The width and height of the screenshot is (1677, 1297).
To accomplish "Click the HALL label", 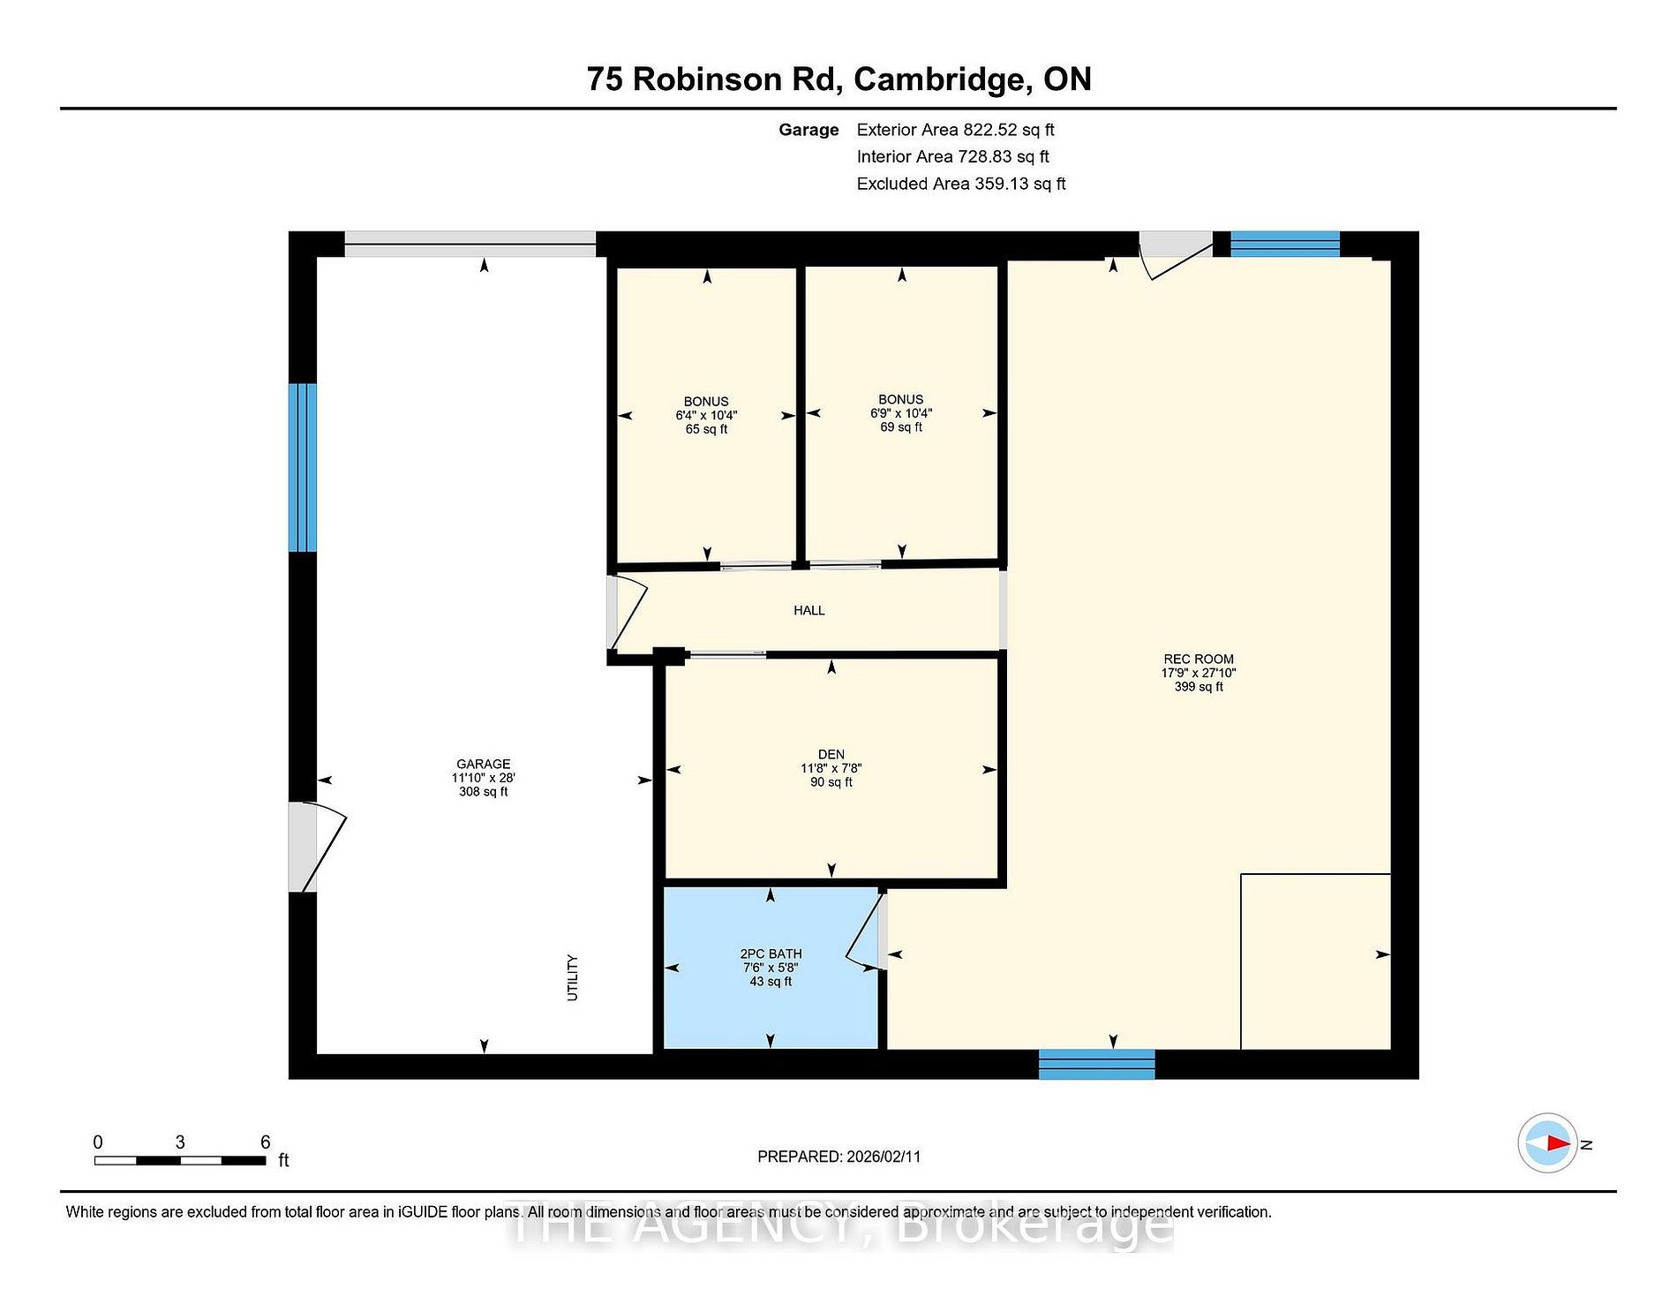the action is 808,610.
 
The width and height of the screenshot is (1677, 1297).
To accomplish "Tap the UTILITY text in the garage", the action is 572,977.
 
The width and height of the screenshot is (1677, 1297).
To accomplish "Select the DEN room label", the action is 831,768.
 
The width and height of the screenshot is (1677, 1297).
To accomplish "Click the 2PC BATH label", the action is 771,967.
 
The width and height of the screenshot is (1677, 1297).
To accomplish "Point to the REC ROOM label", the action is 1199,672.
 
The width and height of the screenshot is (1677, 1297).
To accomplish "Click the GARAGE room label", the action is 483,777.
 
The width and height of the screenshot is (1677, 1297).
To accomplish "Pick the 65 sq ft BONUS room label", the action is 706,415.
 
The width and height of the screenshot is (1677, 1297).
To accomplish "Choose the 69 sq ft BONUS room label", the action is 901,413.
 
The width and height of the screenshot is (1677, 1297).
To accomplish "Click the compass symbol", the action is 1547,1143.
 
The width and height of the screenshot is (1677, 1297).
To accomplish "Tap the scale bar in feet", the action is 180,1160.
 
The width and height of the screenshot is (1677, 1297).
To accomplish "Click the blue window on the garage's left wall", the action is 302,467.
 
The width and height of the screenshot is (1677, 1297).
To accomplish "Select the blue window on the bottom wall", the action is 1096,1064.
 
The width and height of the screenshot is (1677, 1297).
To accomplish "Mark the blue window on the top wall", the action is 1285,244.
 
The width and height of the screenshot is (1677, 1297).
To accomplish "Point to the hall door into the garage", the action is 628,612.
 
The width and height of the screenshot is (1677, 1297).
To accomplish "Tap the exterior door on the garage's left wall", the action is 317,847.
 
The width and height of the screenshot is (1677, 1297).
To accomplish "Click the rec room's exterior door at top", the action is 1176,255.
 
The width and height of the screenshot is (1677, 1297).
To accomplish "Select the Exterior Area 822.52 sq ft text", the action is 955,130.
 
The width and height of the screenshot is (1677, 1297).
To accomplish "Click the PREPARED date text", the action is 838,1157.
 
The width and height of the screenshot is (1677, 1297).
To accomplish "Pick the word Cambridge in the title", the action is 943,80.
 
